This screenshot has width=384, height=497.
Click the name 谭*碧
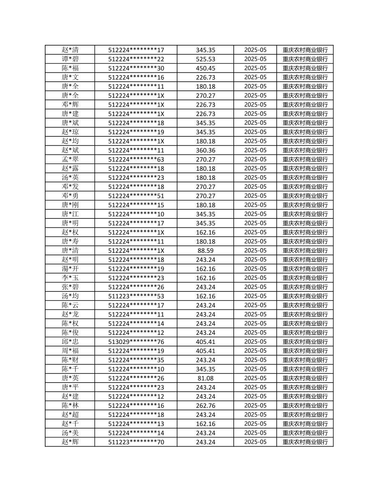(x=70, y=59)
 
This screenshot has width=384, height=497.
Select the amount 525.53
(x=205, y=59)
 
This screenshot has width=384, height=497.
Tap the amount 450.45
(x=205, y=68)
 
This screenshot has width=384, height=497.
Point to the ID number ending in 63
(x=136, y=159)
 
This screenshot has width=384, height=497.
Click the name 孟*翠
(x=70, y=159)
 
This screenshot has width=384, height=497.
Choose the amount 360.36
(x=205, y=150)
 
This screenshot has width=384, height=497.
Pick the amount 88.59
(x=205, y=250)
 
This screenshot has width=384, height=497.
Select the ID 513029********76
(x=136, y=342)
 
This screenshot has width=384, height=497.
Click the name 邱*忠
(x=70, y=341)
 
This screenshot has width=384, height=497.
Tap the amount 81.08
(x=205, y=378)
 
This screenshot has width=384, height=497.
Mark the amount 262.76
(x=205, y=406)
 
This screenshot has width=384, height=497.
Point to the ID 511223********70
(x=136, y=442)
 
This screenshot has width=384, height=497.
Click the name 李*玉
(x=70, y=278)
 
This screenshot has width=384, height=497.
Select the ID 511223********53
(x=136, y=296)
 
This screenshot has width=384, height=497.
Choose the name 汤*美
(x=70, y=433)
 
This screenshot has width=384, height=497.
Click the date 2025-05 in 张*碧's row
(x=255, y=287)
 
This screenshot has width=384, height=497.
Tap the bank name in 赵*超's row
(x=305, y=415)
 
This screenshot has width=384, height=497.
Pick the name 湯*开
(x=70, y=268)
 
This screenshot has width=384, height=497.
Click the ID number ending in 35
(x=136, y=360)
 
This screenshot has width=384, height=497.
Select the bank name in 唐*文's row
(x=305, y=77)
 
